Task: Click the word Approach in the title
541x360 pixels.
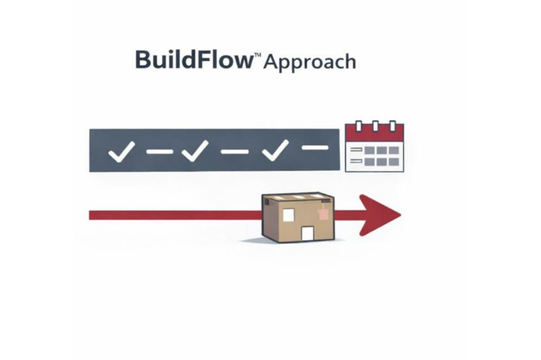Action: coord(310,62)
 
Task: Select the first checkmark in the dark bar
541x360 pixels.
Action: coord(122,153)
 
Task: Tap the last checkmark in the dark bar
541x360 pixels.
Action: coord(275,150)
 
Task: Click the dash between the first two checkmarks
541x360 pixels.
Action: coord(160,152)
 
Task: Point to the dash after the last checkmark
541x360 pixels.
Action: coord(315,148)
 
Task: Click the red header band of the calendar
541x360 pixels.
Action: coord(374,134)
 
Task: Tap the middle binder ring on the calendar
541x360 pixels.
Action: coord(375,126)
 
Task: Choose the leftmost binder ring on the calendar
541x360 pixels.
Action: coord(359,126)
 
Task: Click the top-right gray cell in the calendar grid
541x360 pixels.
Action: coord(394,150)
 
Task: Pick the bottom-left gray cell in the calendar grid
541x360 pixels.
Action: coord(369,162)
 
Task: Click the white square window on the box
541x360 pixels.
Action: coord(288,215)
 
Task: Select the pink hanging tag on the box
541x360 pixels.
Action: coord(323,214)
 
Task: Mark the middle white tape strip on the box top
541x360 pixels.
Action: coord(299,197)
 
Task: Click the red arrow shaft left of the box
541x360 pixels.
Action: coord(174,215)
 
